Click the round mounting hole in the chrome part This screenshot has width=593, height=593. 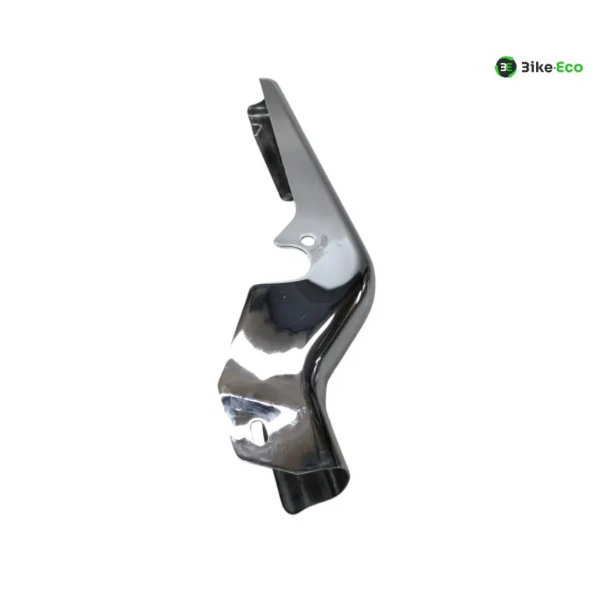point(308,240)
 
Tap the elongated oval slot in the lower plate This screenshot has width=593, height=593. point(256,431)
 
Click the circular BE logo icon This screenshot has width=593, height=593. point(506,67)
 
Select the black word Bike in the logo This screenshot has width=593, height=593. point(537,67)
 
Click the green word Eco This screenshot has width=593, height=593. point(569,68)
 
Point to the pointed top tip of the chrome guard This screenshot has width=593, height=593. point(261,79)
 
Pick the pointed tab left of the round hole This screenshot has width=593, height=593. point(278,239)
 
